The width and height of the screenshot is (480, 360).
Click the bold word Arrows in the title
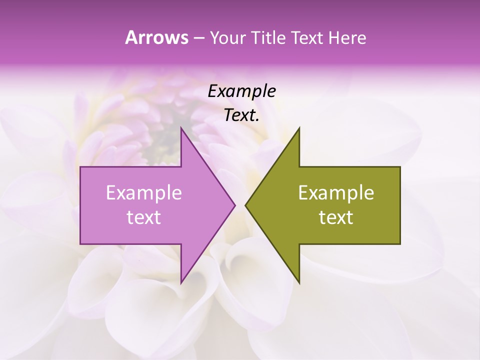coord(156,37)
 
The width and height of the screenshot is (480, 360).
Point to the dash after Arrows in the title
coord(198,38)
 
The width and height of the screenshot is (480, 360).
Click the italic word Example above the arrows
coord(242,91)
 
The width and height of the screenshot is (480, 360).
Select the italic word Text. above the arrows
coord(242,115)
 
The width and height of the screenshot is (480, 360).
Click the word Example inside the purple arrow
coord(144,193)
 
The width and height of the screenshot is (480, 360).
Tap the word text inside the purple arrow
coord(144,217)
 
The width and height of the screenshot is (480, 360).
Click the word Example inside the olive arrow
coord(336,193)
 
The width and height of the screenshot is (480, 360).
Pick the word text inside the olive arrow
coord(336,217)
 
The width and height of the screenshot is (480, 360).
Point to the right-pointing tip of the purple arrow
coord(235,205)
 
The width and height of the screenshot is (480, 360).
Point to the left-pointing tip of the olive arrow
coord(245,205)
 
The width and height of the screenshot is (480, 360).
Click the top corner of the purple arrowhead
coord(181,128)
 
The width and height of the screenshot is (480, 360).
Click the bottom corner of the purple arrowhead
coord(181,283)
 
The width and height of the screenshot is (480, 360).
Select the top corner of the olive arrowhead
coord(299,128)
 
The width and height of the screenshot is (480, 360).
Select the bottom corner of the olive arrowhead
coord(299,283)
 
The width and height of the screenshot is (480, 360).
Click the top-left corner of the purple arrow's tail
coord(80,167)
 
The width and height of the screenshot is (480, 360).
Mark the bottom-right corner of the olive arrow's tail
coord(400,244)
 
